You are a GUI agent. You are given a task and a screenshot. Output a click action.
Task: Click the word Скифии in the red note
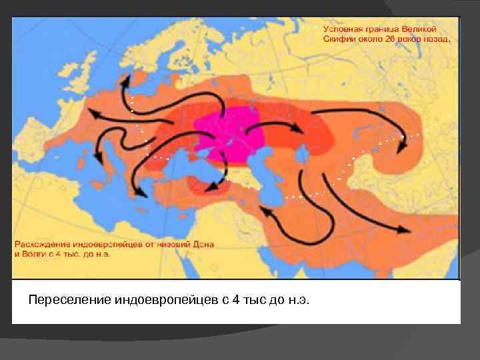(x=339, y=39)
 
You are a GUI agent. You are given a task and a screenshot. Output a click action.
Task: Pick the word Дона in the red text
(x=201, y=244)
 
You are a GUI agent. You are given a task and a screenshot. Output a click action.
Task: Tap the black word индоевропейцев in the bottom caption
(x=157, y=300)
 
